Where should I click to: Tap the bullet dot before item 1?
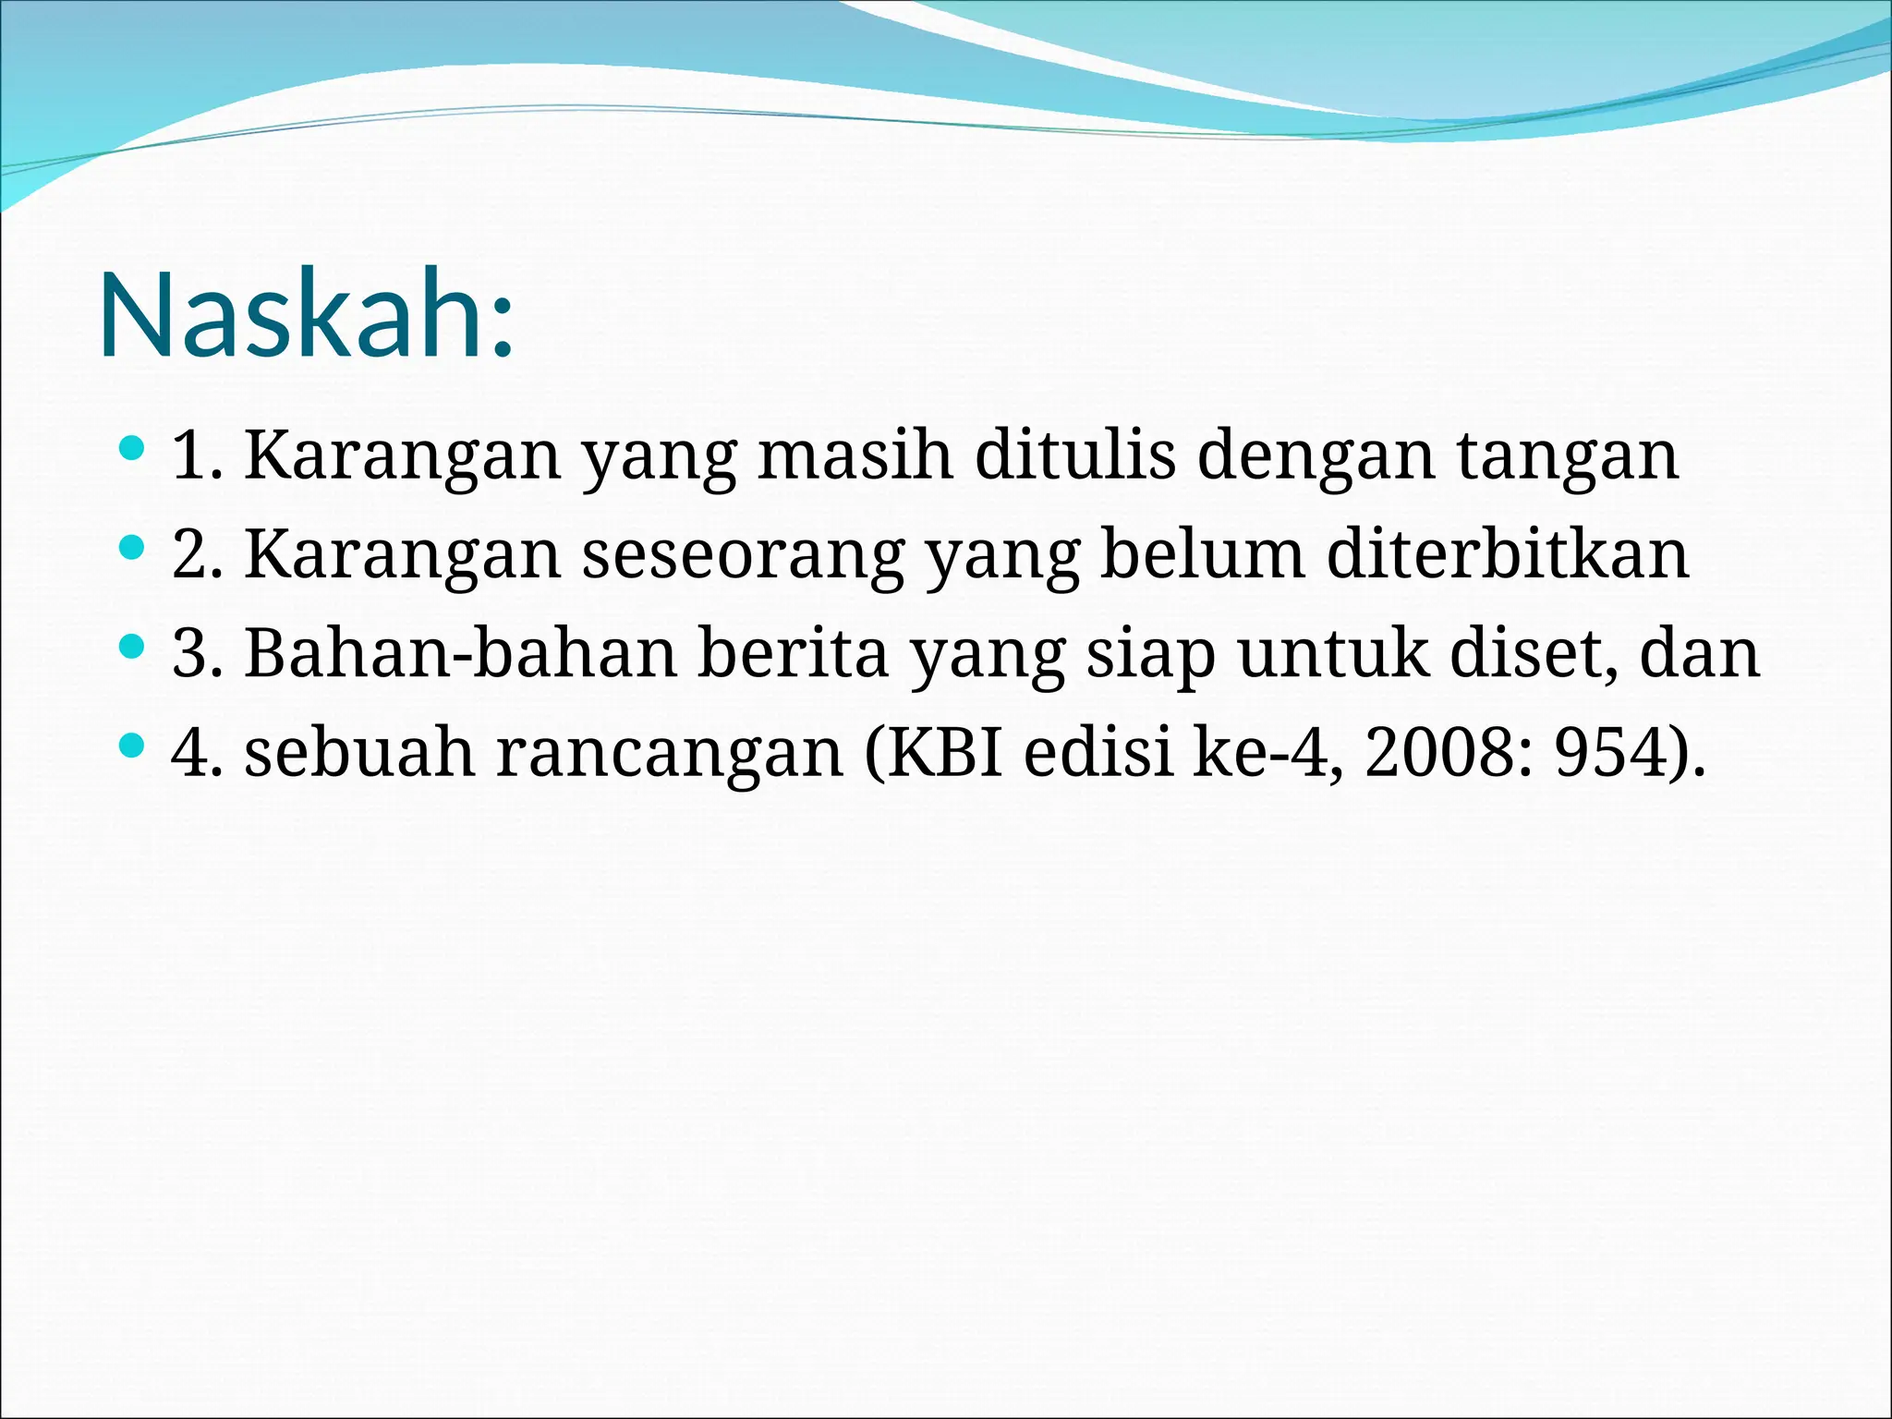(132, 450)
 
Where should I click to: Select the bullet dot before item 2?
(132, 549)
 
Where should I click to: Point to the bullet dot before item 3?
(132, 647)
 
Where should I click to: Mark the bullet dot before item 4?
(132, 746)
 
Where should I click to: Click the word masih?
(855, 455)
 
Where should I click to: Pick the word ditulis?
(1075, 455)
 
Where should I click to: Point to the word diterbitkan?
(1508, 553)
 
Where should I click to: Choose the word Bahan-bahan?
(461, 652)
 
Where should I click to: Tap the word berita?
(792, 652)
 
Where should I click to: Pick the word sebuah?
(359, 751)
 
